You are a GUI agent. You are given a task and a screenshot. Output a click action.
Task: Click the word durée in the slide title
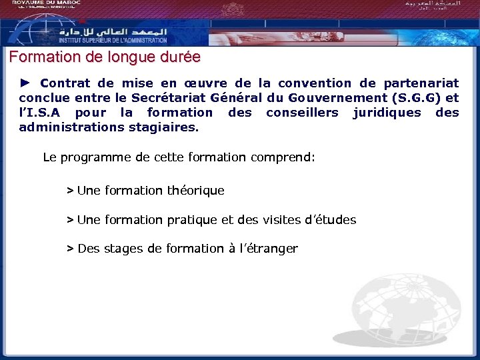click(x=178, y=57)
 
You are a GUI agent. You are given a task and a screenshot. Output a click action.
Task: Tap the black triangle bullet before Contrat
click(x=25, y=83)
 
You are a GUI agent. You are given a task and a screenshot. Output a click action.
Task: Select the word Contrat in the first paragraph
click(x=66, y=83)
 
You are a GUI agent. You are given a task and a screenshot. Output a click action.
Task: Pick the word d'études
click(x=330, y=220)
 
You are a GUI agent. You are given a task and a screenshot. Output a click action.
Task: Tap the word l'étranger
click(x=267, y=249)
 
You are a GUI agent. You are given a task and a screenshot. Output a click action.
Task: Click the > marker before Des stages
click(x=70, y=249)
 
